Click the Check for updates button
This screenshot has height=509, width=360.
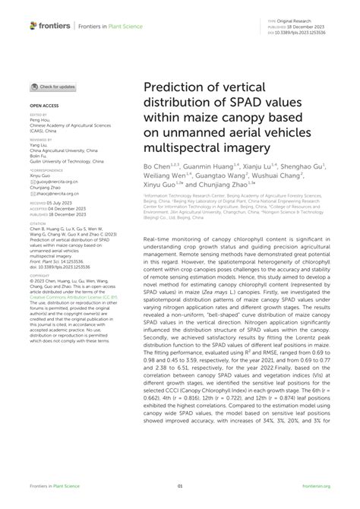tap(53, 87)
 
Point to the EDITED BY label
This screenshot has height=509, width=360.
tap(38, 115)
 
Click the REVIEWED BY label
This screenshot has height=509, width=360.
tap(41, 141)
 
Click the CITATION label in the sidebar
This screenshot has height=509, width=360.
tap(38, 223)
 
